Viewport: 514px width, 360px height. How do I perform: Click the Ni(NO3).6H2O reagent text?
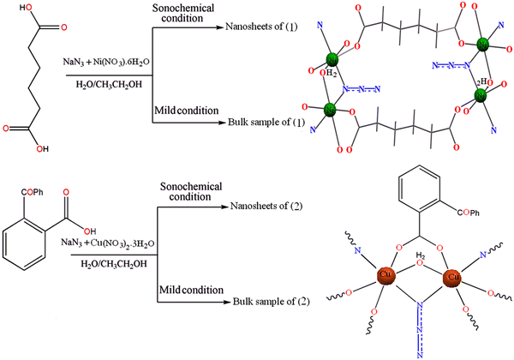131,63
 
